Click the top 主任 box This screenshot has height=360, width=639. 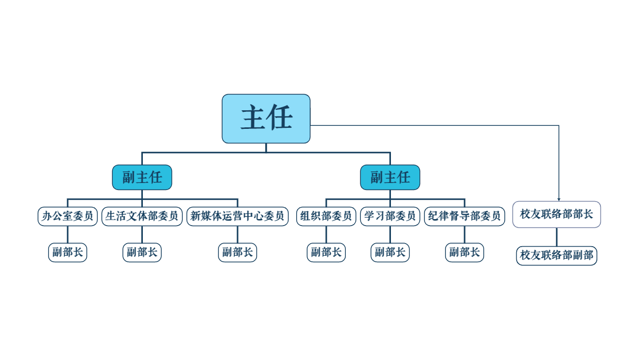click(266, 118)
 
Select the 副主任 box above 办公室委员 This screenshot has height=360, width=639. click(142, 177)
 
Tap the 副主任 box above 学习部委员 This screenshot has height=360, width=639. click(390, 177)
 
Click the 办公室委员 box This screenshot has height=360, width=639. click(68, 217)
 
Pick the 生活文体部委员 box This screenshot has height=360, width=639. click(142, 217)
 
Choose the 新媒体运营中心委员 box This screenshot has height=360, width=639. click(238, 217)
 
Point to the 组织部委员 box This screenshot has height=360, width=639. click(326, 217)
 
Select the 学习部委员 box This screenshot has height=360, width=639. click(390, 217)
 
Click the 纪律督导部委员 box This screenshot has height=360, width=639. click(465, 217)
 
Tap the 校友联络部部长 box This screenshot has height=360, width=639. click(557, 215)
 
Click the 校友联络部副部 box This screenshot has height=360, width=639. click(557, 256)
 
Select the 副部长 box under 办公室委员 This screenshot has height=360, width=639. click(68, 252)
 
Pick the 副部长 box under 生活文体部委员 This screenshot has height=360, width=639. click(142, 252)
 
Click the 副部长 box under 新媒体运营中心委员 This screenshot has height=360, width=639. click(238, 252)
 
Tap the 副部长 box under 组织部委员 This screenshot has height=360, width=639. click(326, 252)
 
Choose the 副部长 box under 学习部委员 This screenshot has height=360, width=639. click(390, 252)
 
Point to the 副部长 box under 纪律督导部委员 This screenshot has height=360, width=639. click(465, 252)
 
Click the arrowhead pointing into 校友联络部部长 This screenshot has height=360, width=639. click(559, 199)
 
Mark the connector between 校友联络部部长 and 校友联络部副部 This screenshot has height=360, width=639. click(557, 237)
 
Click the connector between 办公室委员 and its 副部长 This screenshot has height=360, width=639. click(68, 234)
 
